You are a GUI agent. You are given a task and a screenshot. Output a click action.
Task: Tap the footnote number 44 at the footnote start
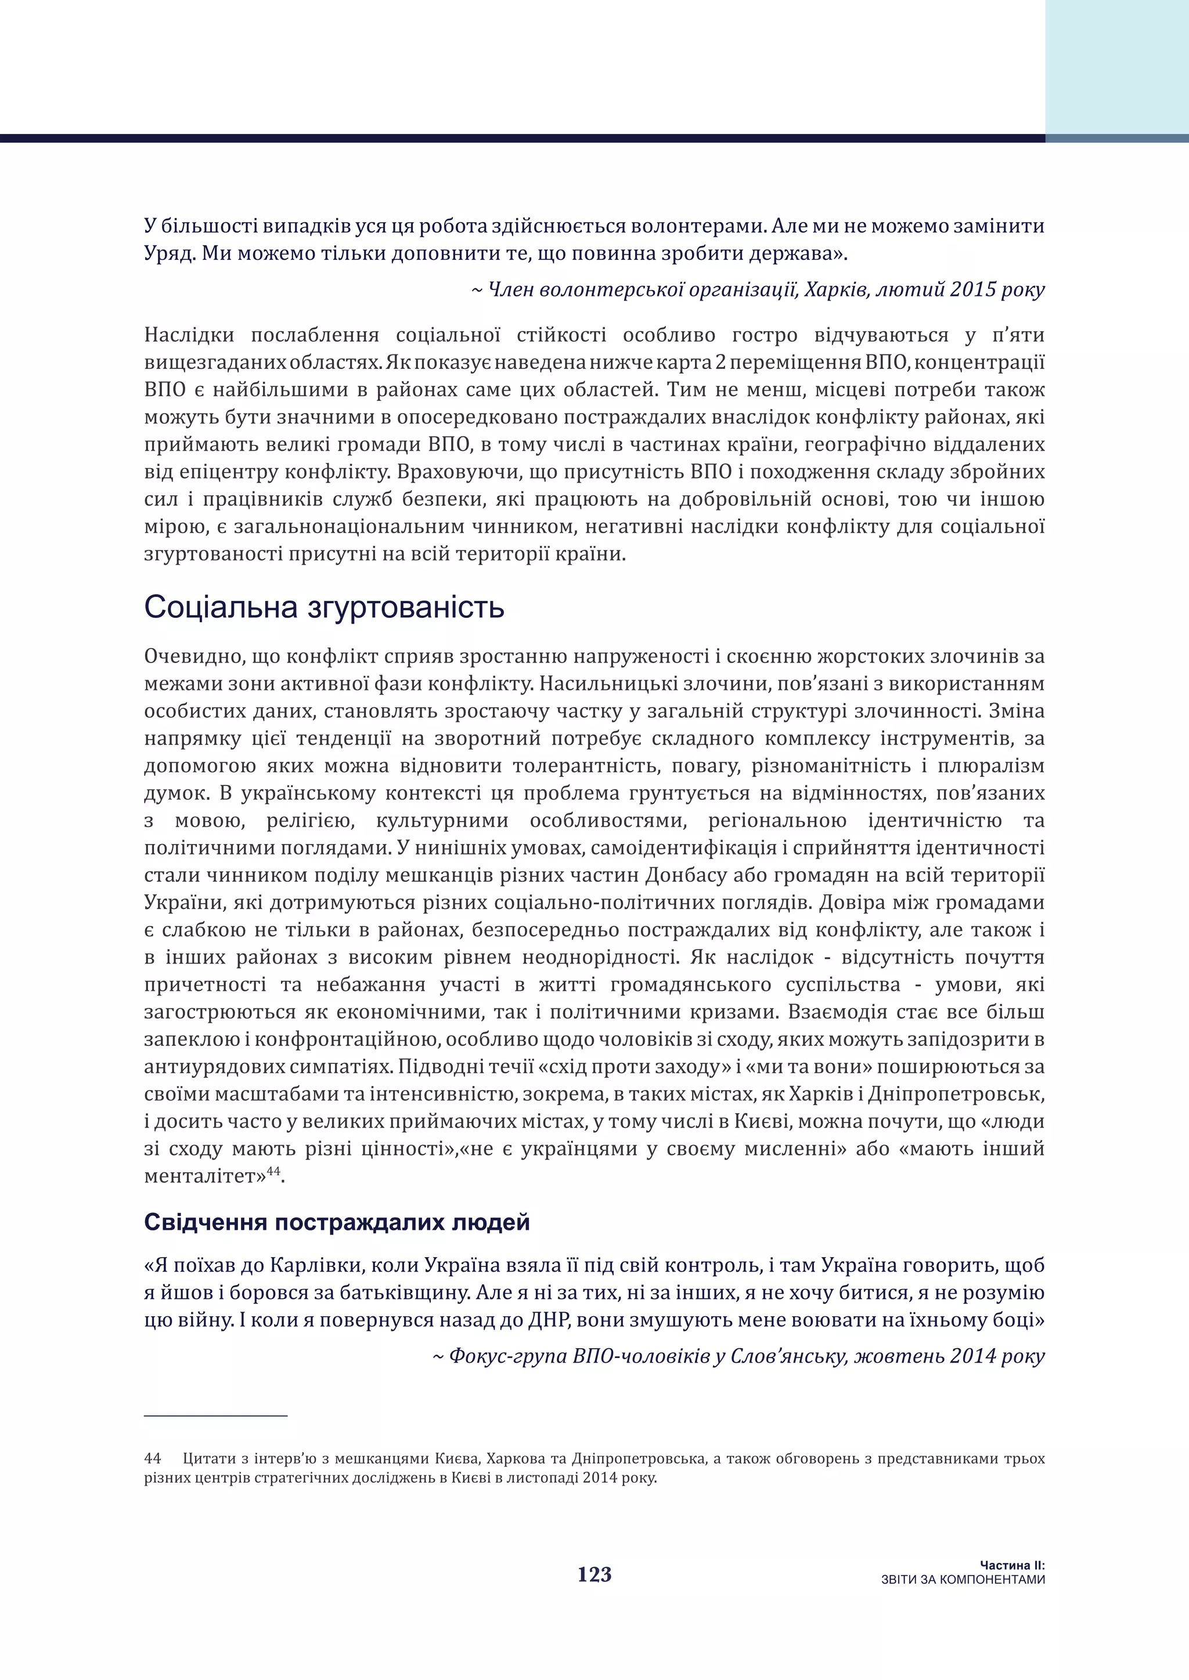click(152, 1458)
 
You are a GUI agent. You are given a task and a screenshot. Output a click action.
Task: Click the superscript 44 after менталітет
click(273, 1171)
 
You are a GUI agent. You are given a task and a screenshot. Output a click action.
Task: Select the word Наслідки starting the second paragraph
click(189, 335)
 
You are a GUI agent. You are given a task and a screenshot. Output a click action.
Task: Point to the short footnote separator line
click(215, 1416)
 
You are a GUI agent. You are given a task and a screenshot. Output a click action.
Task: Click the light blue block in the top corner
click(1116, 66)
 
